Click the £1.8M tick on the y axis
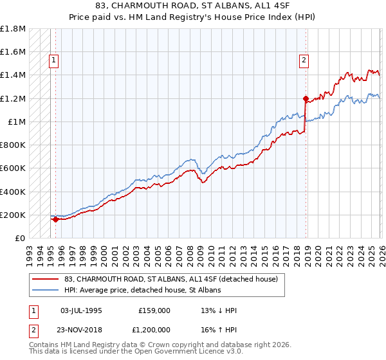[13, 29]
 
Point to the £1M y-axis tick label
[16, 122]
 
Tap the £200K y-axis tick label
[13, 215]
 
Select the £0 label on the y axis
[19, 238]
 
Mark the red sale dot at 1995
[55, 219]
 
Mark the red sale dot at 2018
[306, 98]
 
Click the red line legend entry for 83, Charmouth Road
[171, 279]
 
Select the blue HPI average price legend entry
[143, 291]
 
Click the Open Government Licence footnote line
[125, 352]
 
